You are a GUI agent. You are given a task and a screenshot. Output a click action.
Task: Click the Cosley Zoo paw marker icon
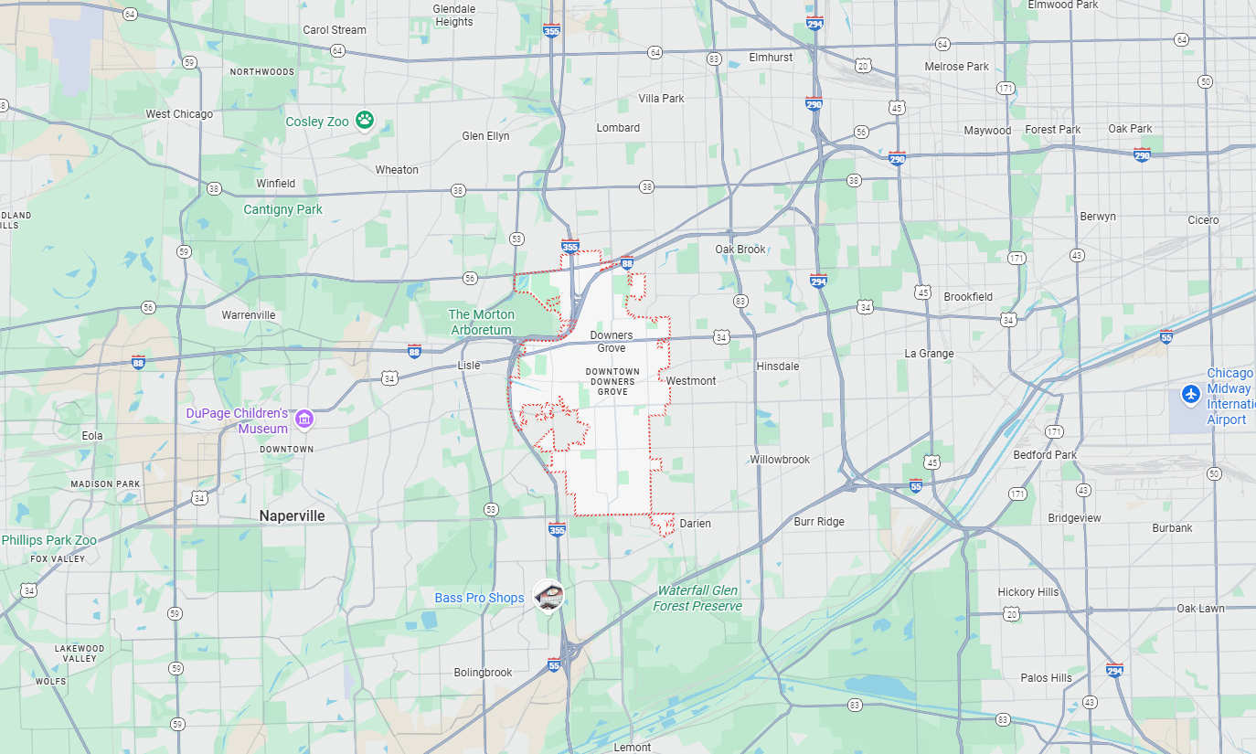[365, 120]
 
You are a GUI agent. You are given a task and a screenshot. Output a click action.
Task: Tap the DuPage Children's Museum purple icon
[305, 419]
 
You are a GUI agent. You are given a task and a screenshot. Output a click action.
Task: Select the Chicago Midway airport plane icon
[1189, 394]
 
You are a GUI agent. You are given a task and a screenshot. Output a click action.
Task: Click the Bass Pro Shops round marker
[548, 596]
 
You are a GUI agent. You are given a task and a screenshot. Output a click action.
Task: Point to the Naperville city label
[292, 515]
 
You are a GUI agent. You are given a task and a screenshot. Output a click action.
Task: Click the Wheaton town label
[397, 170]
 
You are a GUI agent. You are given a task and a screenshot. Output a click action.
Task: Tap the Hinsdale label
[777, 366]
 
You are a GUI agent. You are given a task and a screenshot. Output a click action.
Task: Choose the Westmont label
[691, 381]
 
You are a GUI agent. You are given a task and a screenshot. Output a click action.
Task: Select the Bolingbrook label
[484, 673]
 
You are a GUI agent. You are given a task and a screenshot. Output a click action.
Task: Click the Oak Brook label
[740, 250]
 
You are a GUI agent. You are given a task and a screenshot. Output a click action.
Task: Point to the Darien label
[695, 524]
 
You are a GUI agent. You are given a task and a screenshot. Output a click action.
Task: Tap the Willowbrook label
[780, 460]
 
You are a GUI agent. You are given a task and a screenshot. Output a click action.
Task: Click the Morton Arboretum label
[481, 322]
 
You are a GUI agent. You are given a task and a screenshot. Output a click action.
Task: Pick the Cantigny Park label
[282, 209]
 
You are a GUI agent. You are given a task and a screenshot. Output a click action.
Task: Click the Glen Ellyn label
[485, 136]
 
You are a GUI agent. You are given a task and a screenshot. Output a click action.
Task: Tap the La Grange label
[929, 354]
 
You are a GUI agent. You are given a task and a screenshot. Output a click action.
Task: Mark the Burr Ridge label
[819, 522]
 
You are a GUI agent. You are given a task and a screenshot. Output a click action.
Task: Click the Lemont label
[633, 747]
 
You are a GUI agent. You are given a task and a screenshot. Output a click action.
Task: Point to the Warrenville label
[249, 315]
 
